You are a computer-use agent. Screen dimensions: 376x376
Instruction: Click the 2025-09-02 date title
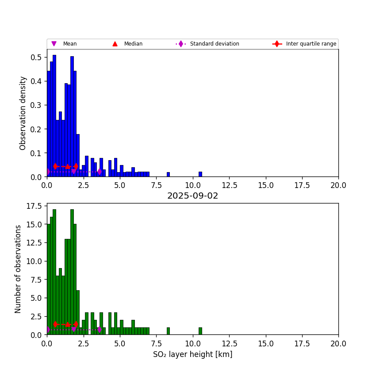pos(192,196)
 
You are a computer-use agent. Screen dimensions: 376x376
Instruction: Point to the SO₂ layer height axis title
pos(192,354)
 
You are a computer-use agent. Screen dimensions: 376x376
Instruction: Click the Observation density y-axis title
pos(23,113)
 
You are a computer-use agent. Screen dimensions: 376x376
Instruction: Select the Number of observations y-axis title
pos(18,269)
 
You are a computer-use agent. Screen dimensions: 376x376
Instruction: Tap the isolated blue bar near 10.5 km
pos(200,174)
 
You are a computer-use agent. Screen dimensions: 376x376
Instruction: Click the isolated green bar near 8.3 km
pos(168,331)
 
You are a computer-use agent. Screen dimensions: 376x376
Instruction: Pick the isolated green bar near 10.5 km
pos(200,331)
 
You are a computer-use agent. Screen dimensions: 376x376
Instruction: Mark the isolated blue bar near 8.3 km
pos(168,174)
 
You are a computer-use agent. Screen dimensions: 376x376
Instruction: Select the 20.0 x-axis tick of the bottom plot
pos(338,343)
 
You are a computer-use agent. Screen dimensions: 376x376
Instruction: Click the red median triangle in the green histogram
pos(68,324)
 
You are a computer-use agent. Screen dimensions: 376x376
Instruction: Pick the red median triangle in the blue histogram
pos(68,166)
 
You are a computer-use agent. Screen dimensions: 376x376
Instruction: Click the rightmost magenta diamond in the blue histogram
pos(100,172)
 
